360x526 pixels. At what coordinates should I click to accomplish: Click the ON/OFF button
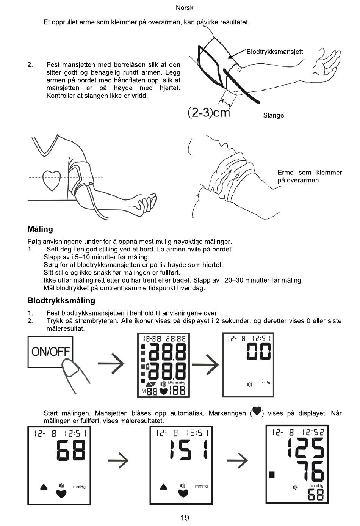point(50,352)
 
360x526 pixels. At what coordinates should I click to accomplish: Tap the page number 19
point(185,518)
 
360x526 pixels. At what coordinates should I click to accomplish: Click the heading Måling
point(40,229)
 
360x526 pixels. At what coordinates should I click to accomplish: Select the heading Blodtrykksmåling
point(61,301)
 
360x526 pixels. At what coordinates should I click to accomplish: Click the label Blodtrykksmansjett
point(274,52)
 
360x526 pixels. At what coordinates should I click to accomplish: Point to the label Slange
point(273,115)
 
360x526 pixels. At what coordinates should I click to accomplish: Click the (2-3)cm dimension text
point(209,113)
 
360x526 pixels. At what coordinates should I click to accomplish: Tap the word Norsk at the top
point(185,8)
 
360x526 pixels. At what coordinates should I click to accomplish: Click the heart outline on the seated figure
point(51,181)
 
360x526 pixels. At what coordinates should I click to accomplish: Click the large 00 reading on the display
point(258,352)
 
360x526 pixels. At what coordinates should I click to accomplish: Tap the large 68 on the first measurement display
point(71,450)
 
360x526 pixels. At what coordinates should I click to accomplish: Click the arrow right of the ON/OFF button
point(111,364)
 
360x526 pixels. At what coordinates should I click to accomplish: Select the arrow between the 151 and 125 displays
point(237,461)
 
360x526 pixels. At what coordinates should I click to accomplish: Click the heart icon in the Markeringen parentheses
point(257,411)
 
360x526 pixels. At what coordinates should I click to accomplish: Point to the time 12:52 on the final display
point(313,432)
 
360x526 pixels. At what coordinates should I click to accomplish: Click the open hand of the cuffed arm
point(326,63)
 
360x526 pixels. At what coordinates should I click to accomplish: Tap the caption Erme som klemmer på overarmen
point(309,176)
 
